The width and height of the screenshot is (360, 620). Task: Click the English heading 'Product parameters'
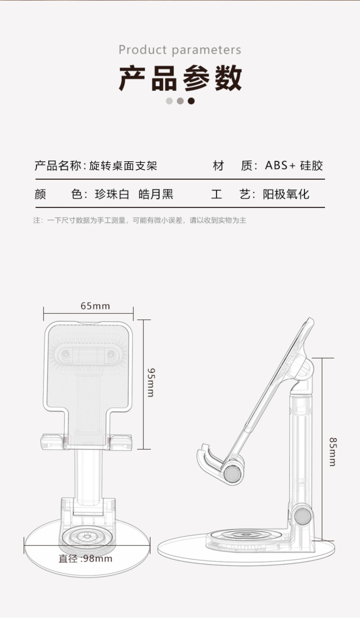[180, 50]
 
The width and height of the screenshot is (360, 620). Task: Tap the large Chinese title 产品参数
[180, 78]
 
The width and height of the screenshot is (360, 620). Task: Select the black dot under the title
[191, 101]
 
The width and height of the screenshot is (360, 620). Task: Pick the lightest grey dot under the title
[169, 101]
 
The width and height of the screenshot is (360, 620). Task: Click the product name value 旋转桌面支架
[123, 166]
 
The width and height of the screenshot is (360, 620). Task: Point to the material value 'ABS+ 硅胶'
[294, 166]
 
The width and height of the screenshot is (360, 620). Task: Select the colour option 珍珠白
[112, 195]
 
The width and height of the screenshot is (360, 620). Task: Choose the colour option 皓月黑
[156, 195]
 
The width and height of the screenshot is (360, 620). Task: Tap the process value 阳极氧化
[286, 195]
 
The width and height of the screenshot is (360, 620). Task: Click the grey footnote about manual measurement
[140, 220]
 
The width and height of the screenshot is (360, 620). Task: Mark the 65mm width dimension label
[95, 306]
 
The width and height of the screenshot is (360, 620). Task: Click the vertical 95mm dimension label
[151, 383]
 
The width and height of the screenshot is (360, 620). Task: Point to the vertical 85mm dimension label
[333, 452]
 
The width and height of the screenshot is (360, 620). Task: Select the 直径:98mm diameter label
[85, 559]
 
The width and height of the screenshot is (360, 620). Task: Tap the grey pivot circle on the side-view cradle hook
[232, 474]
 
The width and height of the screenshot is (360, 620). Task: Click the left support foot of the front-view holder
[53, 442]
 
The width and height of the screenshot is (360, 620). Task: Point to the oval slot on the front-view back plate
[88, 354]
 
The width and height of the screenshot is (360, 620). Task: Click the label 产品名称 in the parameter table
[58, 166]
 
